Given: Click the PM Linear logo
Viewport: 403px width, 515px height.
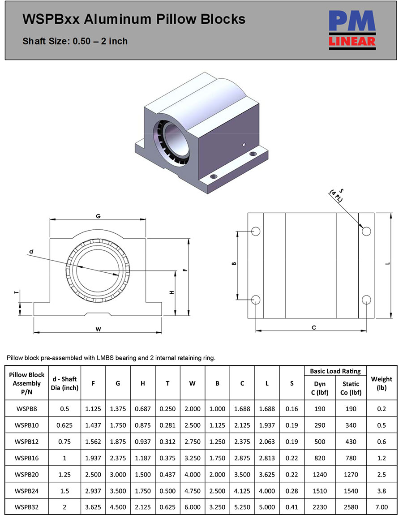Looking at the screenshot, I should pos(352,30).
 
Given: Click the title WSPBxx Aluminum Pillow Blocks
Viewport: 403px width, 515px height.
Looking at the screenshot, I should pos(134,19).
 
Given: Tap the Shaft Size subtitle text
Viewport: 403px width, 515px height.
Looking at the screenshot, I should pos(75,41).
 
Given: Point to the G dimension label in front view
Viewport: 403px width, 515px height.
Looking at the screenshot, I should pos(98,216).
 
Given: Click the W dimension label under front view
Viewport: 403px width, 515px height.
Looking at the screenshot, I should pos(98,329).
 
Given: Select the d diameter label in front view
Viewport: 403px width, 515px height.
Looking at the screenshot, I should pos(31,252).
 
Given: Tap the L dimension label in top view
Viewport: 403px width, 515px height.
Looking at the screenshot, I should pos(388,263).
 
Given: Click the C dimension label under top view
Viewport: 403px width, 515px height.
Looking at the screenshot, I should pos(314,327).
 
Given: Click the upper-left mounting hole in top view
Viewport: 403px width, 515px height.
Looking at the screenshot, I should pos(256,231).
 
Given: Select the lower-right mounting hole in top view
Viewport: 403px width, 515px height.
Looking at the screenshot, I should pos(366,299).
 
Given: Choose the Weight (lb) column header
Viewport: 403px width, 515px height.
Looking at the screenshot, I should pos(382,383).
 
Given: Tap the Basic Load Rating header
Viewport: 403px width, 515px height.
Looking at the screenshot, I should pos(335,371).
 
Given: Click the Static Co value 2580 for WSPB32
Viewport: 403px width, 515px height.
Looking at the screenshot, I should pos(351,507).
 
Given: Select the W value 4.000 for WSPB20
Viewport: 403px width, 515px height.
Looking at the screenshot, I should pos(193,474).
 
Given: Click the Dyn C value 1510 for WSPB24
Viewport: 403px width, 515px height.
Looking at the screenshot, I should pos(320,490).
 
